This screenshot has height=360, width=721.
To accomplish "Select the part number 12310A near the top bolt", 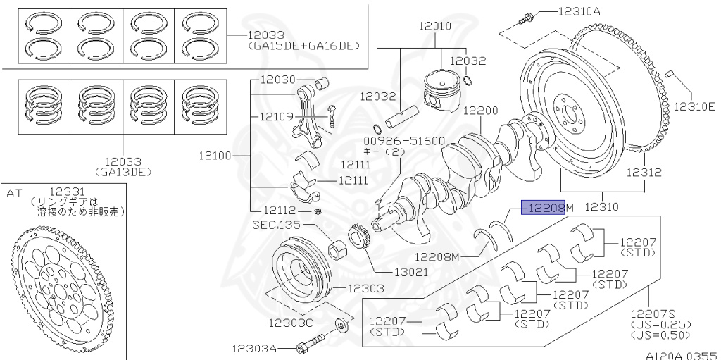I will (x=579, y=11).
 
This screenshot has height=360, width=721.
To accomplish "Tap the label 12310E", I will (x=694, y=107).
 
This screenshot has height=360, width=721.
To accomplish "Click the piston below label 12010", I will (x=442, y=92).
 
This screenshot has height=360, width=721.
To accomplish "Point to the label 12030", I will (x=278, y=80).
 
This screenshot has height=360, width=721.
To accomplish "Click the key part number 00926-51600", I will (x=394, y=140).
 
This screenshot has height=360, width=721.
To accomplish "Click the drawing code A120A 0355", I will (x=680, y=356).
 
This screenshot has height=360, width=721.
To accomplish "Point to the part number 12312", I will (x=644, y=171).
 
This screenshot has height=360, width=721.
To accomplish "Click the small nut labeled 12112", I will (x=318, y=211).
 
